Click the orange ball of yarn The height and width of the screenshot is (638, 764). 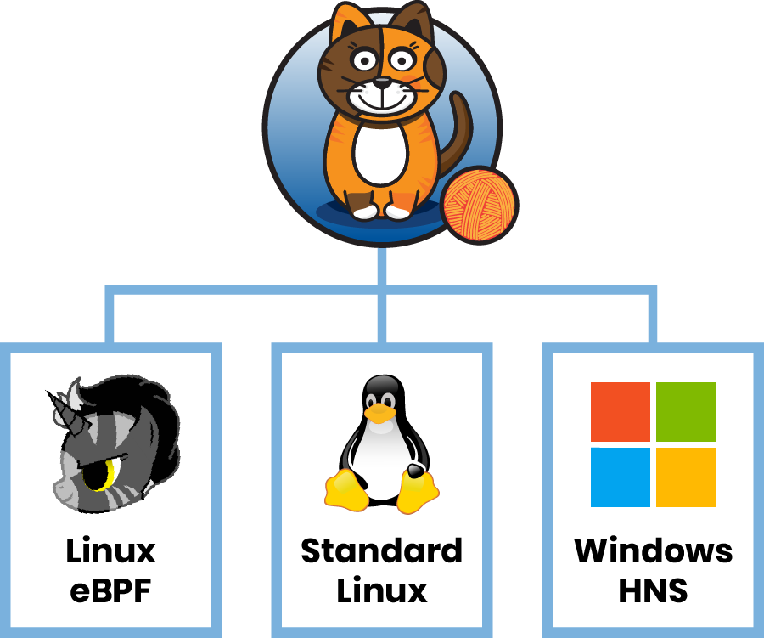click(x=480, y=205)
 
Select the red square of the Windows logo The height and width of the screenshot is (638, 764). click(x=620, y=412)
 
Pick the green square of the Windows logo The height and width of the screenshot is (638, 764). click(x=686, y=412)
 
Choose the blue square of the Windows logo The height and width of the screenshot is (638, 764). click(x=620, y=477)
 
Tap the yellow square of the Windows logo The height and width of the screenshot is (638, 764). click(x=686, y=477)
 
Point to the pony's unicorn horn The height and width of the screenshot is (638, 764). click(x=62, y=405)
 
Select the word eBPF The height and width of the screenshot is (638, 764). click(x=110, y=590)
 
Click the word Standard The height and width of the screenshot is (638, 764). click(x=382, y=551)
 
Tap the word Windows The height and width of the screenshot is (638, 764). click(x=654, y=551)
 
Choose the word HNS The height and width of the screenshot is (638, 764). click(x=654, y=590)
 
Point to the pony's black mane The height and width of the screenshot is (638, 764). click(x=153, y=425)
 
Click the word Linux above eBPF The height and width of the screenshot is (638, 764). click(x=110, y=551)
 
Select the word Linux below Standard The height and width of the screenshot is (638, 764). click(x=382, y=590)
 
